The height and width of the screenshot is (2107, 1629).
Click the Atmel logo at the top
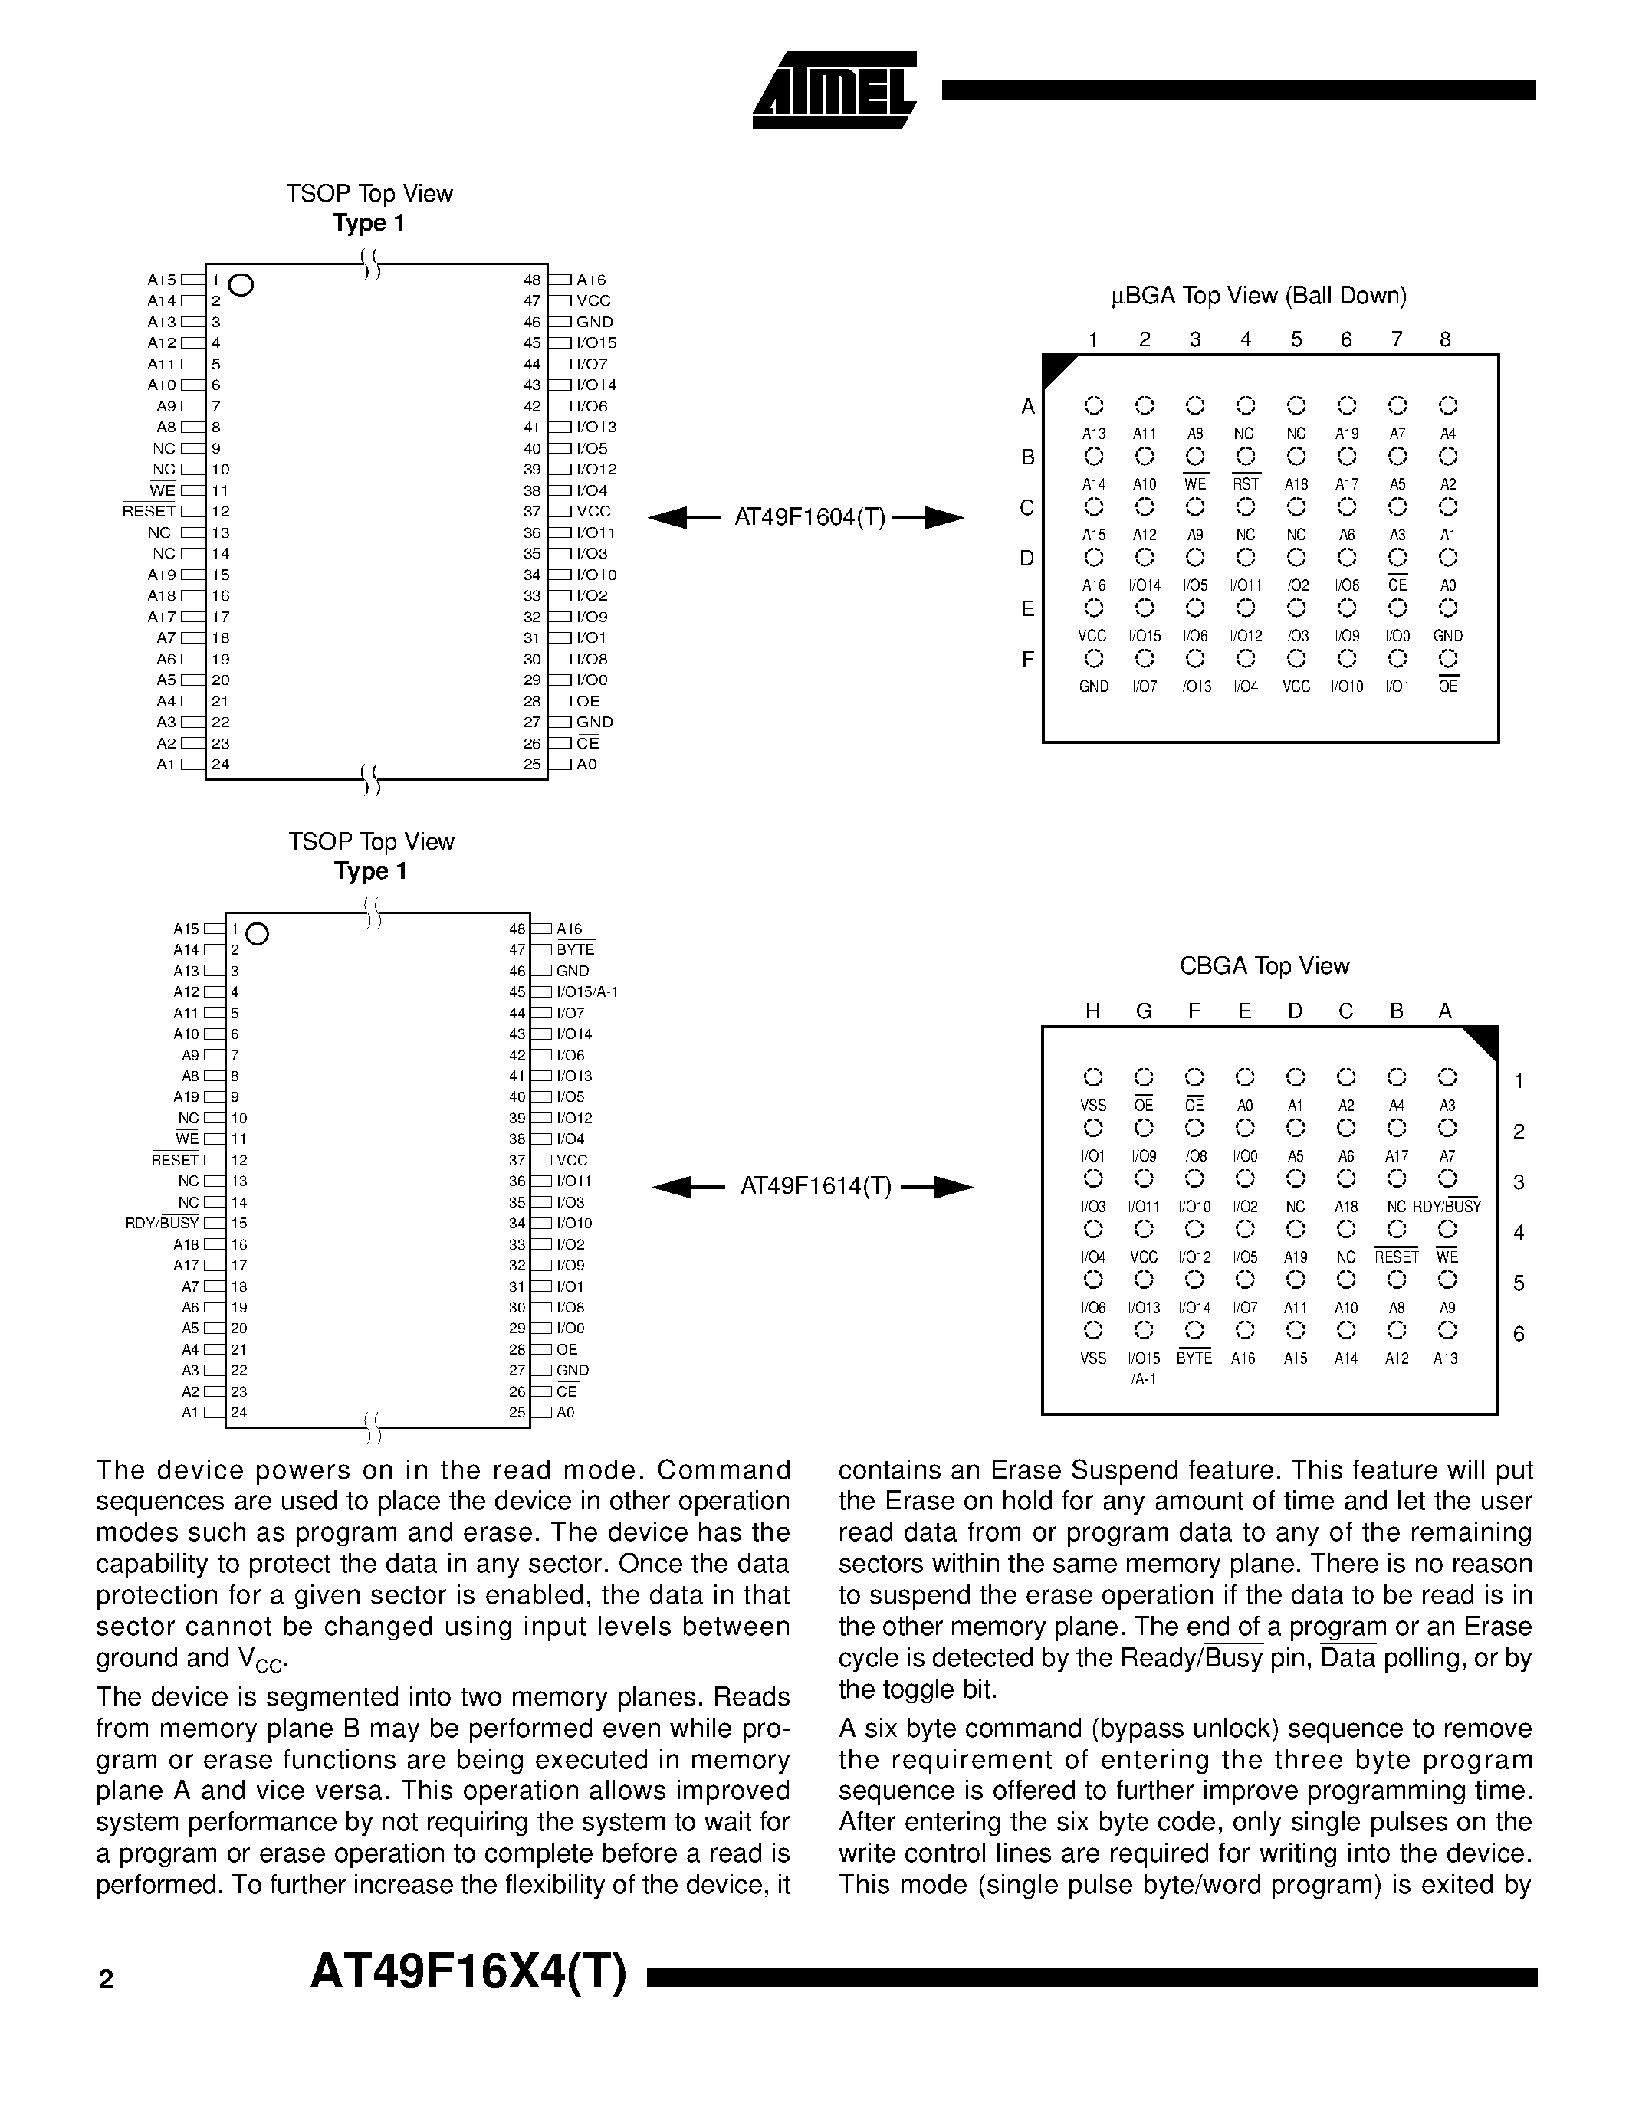(x=834, y=90)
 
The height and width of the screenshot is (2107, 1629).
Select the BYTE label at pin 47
(x=575, y=950)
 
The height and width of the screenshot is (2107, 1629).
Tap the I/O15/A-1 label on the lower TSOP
(x=586, y=991)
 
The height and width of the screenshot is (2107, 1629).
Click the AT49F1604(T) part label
(x=810, y=518)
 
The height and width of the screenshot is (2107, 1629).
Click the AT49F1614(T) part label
(x=816, y=1187)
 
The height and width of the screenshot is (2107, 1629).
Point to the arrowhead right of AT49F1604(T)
(x=943, y=518)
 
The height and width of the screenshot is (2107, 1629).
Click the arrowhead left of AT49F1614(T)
(x=675, y=1187)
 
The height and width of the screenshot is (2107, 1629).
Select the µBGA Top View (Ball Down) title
(x=1259, y=297)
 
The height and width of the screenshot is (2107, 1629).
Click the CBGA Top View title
(x=1264, y=965)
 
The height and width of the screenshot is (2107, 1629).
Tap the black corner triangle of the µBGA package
(x=1056, y=368)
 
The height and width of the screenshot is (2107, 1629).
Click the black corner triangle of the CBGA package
(x=1483, y=1039)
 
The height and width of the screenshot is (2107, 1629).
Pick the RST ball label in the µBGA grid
(x=1246, y=484)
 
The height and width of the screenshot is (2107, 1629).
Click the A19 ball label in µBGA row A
(x=1346, y=434)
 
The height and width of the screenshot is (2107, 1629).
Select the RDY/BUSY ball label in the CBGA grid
(x=1447, y=1207)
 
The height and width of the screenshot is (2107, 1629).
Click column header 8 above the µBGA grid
(x=1445, y=339)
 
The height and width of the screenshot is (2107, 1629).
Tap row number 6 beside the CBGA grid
(x=1519, y=1334)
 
